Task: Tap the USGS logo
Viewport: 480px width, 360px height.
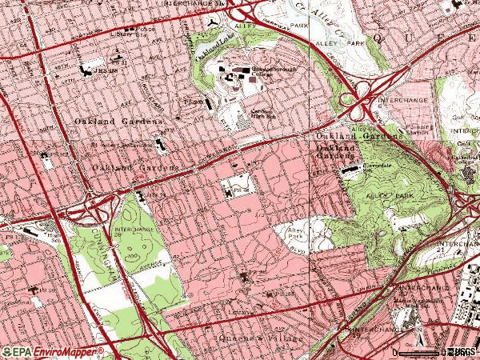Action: tap(461, 351)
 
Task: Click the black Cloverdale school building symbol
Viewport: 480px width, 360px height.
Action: tap(349, 170)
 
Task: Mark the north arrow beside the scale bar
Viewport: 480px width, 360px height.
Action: tap(442, 350)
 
